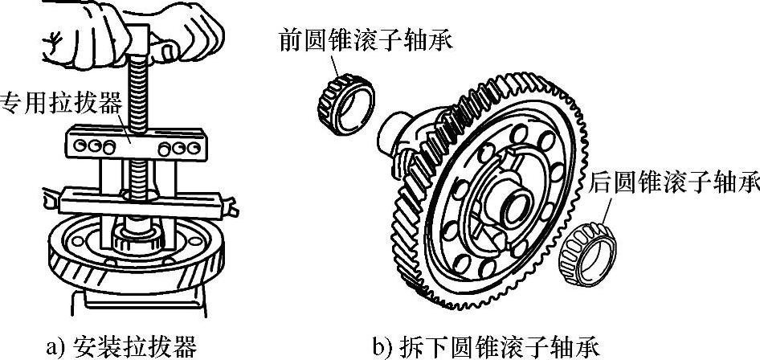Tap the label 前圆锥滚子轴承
point(365,38)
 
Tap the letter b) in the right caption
point(381,346)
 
